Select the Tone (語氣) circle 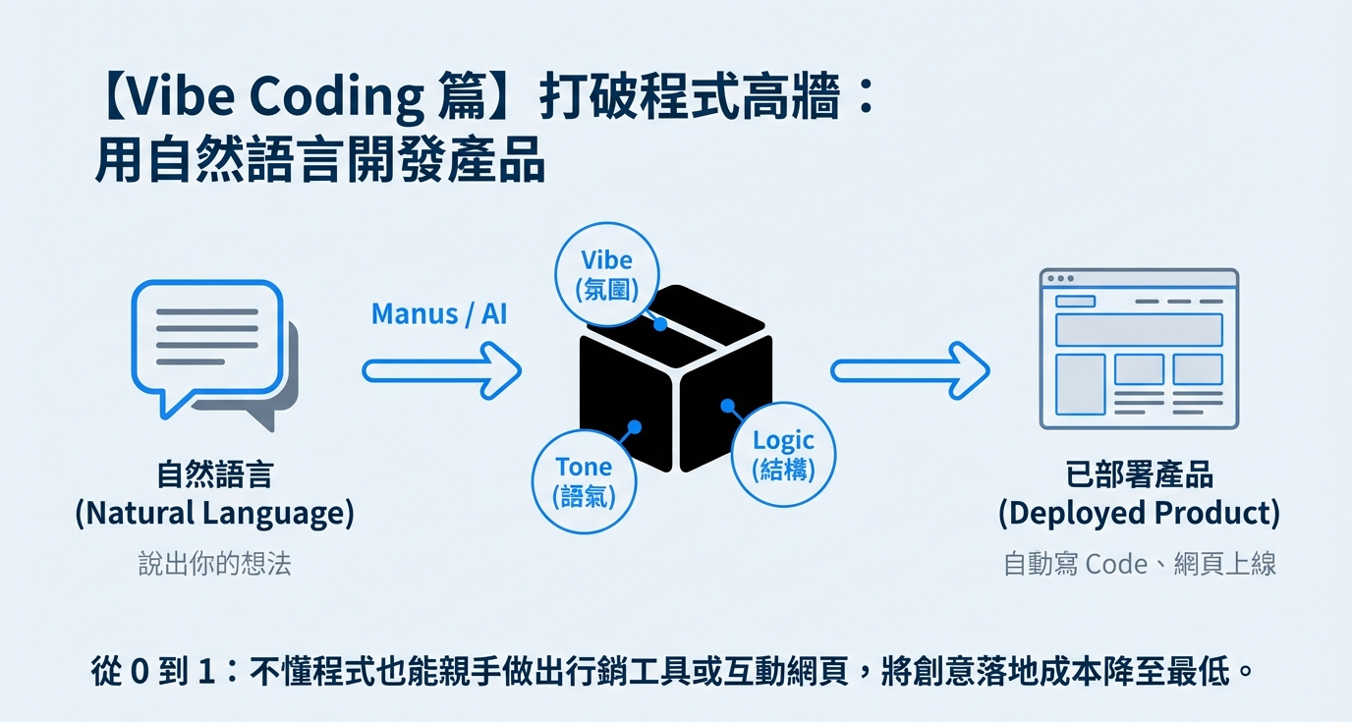click(584, 480)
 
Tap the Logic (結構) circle click(783, 454)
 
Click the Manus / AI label click(439, 314)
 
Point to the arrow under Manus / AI click(441, 370)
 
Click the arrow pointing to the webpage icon click(909, 370)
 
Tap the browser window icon click(1139, 349)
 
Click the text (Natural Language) click(214, 513)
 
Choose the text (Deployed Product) click(1139, 513)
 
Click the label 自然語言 click(214, 475)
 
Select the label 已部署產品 click(1139, 475)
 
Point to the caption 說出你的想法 click(214, 564)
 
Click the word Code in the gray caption click(1115, 565)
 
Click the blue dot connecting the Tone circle click(635, 427)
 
